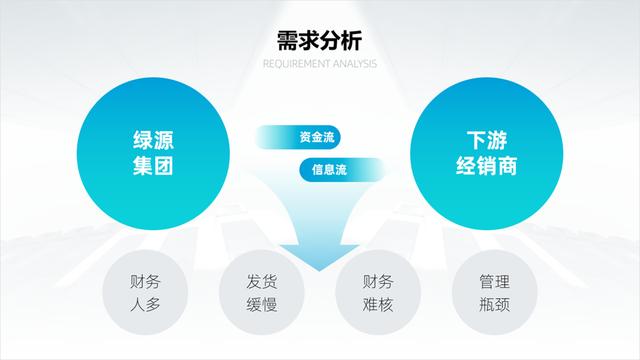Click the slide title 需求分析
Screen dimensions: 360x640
pos(319,41)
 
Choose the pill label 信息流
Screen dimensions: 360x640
pos(329,170)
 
